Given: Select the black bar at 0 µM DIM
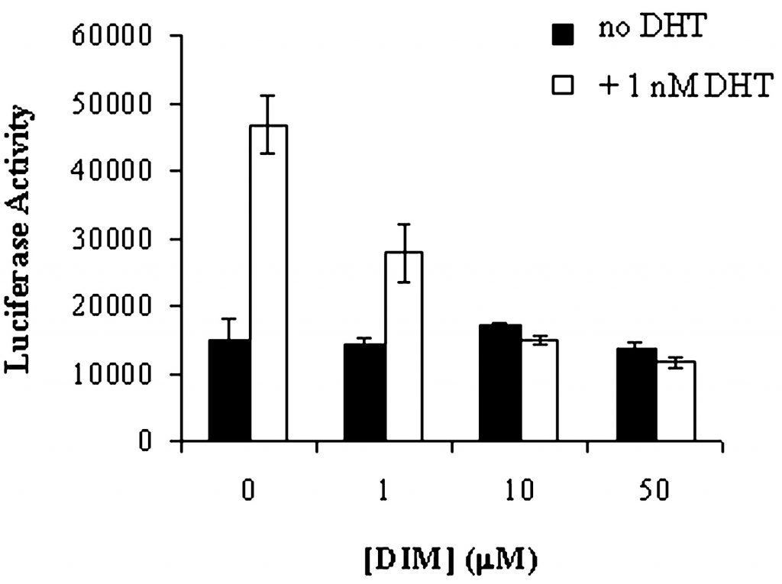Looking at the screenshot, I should coord(229,390).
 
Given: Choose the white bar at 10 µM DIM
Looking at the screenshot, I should coord(539,390).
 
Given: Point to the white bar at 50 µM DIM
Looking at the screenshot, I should coord(676,401).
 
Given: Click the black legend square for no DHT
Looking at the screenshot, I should coord(563,35).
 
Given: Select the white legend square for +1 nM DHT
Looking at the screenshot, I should coord(563,85).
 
